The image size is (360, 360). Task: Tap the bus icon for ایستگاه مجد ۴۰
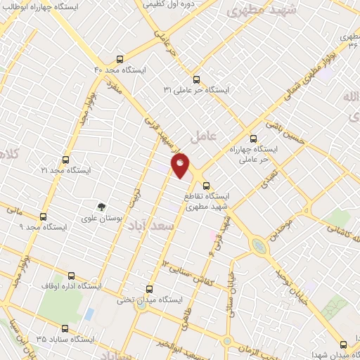[120, 60]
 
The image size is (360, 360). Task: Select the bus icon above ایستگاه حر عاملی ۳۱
[196, 79]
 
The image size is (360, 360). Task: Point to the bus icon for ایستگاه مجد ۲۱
[65, 160]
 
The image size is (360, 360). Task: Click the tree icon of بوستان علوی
[103, 207]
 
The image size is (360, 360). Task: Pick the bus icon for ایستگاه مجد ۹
[44, 217]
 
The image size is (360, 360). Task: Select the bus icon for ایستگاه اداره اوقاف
[70, 276]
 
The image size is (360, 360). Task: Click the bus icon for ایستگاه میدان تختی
[148, 288]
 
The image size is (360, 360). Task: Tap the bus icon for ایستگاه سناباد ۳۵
[65, 328]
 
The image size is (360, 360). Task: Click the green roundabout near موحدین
[260, 246]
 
